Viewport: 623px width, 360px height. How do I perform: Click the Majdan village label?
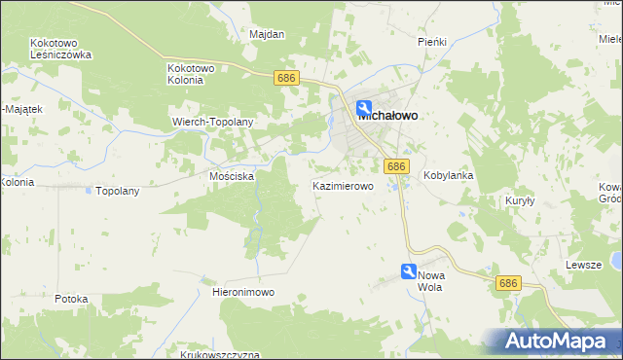(267, 34)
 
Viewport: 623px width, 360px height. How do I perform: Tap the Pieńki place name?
(431, 42)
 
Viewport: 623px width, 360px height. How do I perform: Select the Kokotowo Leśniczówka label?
(60, 50)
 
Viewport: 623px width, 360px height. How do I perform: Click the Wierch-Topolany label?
(212, 122)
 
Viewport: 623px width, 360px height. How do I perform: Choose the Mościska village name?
(232, 177)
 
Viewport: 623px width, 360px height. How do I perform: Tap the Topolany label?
(118, 191)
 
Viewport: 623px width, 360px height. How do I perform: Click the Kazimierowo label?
(343, 185)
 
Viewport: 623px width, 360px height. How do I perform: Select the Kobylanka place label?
(449, 176)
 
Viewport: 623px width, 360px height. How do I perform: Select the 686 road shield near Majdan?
(285, 77)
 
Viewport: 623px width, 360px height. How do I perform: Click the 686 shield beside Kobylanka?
(394, 167)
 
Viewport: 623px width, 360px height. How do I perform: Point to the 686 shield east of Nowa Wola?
(507, 283)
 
